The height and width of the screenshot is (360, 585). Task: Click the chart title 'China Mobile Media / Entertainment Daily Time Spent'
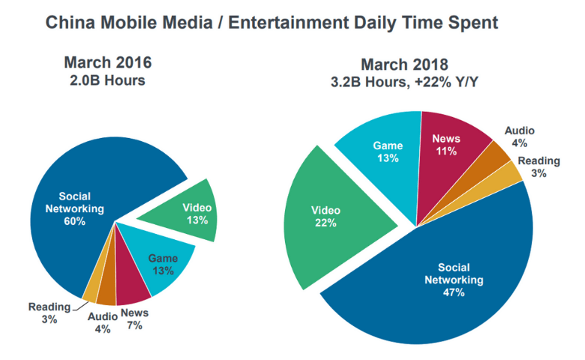271,22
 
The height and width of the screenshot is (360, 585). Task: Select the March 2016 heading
112,62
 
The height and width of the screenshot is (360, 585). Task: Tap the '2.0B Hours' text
112,79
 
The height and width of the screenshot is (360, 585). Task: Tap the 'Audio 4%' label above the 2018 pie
519,136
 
